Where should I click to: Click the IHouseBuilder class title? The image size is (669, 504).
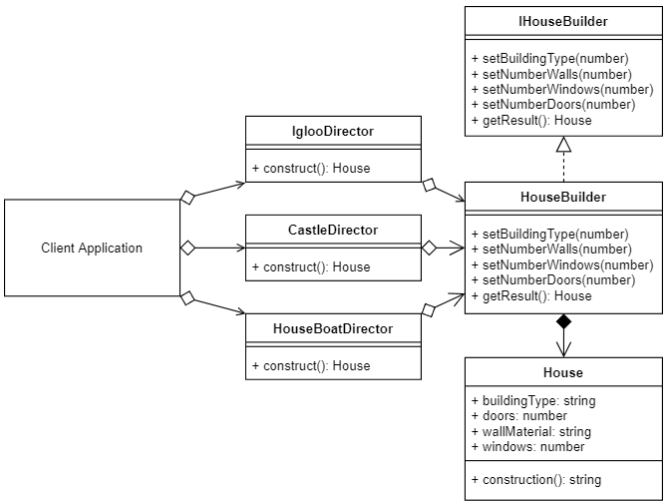click(x=563, y=21)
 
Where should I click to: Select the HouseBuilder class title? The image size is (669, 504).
click(x=563, y=197)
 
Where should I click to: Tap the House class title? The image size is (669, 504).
click(x=563, y=372)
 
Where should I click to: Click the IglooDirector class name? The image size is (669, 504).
click(x=333, y=132)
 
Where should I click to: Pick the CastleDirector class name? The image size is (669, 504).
click(x=333, y=230)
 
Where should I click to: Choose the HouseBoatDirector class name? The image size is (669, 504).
click(x=333, y=328)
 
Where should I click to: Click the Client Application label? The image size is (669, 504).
click(x=92, y=248)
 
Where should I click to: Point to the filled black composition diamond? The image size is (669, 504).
click(x=563, y=322)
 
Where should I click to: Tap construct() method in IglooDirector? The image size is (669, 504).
click(x=311, y=168)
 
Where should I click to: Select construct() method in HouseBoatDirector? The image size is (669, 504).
click(x=311, y=365)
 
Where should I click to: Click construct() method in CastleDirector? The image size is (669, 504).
click(x=311, y=266)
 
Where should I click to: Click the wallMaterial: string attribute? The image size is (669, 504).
click(x=530, y=431)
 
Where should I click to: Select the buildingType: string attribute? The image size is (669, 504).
click(x=532, y=400)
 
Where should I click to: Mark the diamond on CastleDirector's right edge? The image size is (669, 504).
click(x=429, y=247)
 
